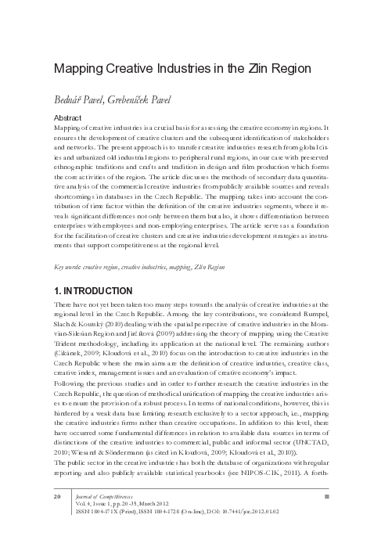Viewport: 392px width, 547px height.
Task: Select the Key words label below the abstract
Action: pos(70,267)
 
